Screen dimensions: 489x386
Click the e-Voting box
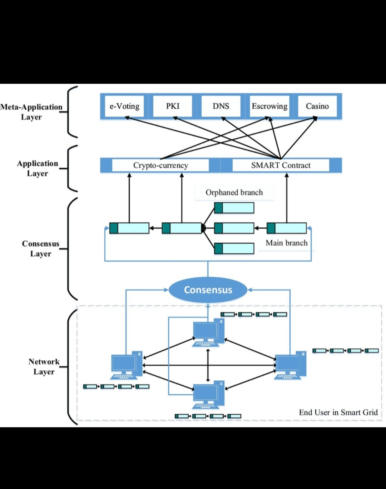(124, 106)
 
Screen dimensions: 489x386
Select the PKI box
(173, 106)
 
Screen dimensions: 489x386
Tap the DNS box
(221, 106)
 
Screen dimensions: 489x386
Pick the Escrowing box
(269, 106)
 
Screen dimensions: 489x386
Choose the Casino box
(317, 106)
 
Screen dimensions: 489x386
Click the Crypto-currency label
(160, 166)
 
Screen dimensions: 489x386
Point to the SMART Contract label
(281, 166)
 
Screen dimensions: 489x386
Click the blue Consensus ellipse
(208, 290)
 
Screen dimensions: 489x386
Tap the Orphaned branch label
(234, 193)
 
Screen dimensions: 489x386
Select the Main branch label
(286, 243)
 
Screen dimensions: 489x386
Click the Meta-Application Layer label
(31, 112)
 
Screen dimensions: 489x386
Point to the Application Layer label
(38, 168)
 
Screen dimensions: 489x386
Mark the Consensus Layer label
(41, 249)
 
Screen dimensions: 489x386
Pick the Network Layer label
(44, 367)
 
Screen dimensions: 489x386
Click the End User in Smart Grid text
(338, 413)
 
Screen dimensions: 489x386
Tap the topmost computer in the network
(208, 333)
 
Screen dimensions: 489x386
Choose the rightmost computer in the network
(290, 365)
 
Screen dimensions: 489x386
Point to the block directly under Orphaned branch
(234, 208)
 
